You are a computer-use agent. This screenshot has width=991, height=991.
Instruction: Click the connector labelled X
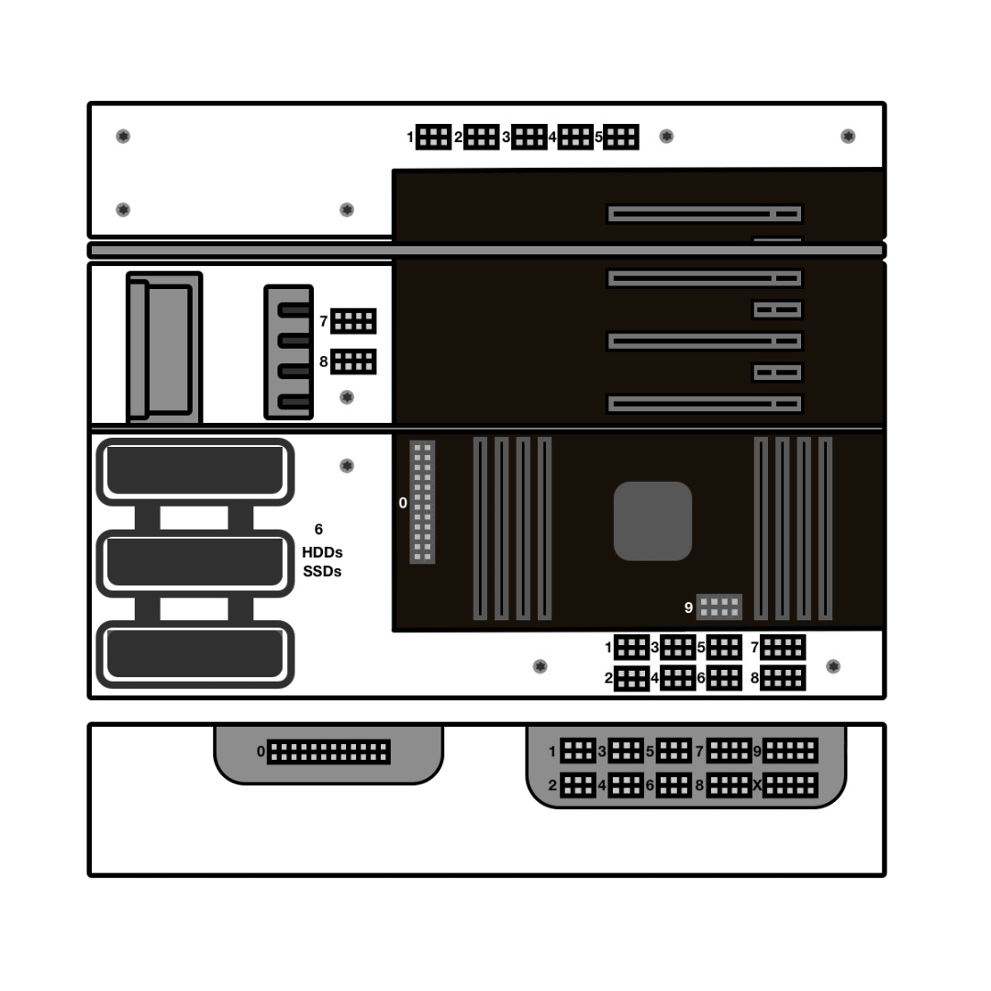[790, 785]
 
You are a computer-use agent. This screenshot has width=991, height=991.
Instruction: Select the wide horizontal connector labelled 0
[328, 752]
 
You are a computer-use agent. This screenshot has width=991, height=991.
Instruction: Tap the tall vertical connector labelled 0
[422, 502]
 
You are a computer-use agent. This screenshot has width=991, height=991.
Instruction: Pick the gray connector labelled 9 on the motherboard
[719, 607]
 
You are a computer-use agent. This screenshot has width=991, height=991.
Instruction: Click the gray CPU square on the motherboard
[653, 521]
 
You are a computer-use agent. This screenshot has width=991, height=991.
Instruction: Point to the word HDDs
[322, 552]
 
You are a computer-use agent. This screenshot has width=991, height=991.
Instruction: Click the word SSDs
[322, 572]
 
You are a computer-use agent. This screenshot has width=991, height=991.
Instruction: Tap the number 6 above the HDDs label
[318, 529]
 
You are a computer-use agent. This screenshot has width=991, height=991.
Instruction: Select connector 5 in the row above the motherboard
[621, 137]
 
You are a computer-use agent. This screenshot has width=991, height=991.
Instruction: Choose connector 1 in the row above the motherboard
[433, 137]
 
